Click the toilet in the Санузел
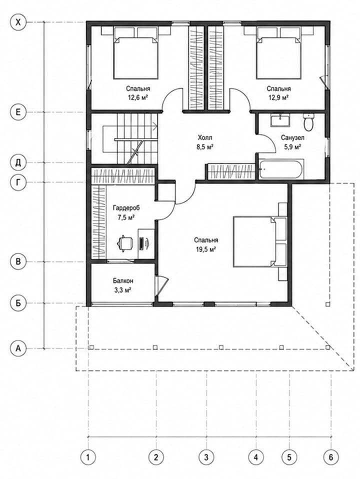point(308,122)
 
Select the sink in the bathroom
point(280,120)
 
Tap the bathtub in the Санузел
point(281,169)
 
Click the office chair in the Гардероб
point(124,243)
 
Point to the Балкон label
point(123,280)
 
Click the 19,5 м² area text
point(206,249)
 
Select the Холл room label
point(205,137)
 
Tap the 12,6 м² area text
point(138,98)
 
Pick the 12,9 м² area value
point(278,98)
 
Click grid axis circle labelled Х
point(19,22)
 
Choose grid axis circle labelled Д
point(18,162)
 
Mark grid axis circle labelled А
point(18,348)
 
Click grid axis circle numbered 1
point(88,457)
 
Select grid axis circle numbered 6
point(331,457)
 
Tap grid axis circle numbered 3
point(206,457)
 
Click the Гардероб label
point(126,208)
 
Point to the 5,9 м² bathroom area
point(293,147)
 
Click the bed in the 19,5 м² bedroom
point(260,241)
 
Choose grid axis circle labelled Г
point(18,182)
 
